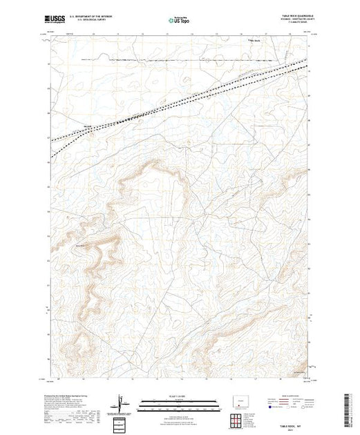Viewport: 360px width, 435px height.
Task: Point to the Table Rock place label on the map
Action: point(255,39)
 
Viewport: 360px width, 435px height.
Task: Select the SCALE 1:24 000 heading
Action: point(179,397)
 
